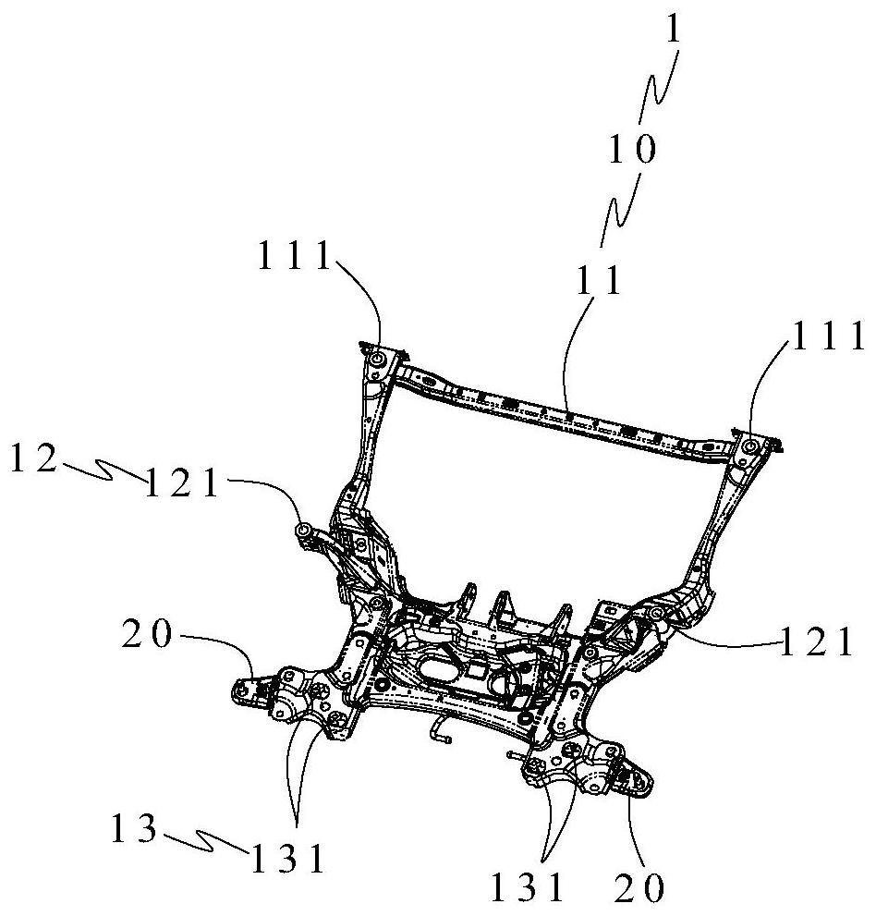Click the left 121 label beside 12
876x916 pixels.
(x=183, y=482)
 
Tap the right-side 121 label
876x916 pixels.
(x=817, y=641)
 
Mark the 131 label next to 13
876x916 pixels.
(x=286, y=861)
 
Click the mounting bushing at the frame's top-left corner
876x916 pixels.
(x=378, y=358)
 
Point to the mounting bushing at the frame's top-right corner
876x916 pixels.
(x=748, y=447)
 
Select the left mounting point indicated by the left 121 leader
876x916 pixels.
(x=303, y=530)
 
